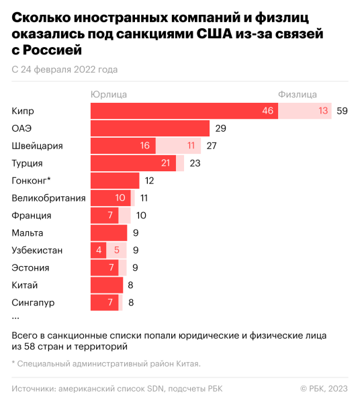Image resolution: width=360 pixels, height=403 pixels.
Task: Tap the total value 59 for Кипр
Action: coord(342,111)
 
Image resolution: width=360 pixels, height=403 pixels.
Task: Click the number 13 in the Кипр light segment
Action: coord(323,111)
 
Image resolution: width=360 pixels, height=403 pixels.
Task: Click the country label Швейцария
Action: coord(36,146)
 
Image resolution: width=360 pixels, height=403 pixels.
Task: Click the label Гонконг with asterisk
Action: coord(31,181)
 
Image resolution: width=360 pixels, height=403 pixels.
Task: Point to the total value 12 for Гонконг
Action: coord(149,181)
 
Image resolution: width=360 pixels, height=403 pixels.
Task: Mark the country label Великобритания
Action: coord(48,198)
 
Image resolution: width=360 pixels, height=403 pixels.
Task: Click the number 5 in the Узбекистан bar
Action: coord(116,251)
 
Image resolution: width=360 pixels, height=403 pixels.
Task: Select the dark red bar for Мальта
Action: coord(108,233)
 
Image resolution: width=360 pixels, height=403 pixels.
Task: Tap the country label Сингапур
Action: coord(33,303)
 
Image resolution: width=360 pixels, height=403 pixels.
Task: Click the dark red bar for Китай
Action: coord(106,285)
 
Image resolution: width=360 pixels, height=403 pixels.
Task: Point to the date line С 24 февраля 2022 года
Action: coord(64,69)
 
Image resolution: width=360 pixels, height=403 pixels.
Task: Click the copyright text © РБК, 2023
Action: coord(324,388)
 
